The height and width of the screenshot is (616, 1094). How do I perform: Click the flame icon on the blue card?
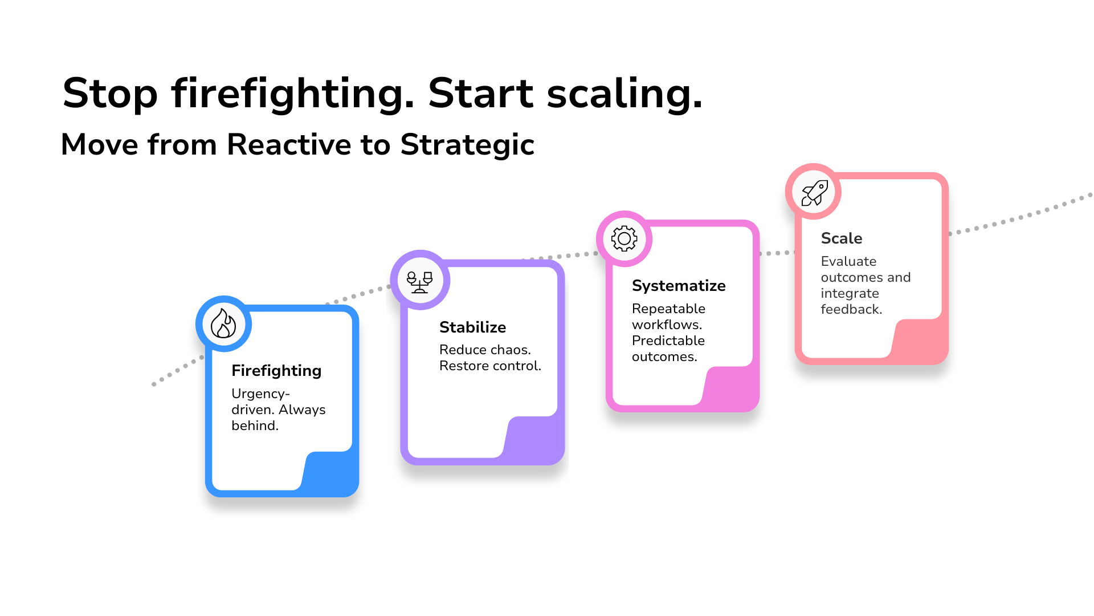coord(223,323)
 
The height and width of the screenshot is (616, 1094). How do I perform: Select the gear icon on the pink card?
coord(624,238)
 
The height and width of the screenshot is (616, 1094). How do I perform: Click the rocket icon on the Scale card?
coord(814,192)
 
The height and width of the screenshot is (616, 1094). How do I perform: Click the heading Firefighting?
coord(276,371)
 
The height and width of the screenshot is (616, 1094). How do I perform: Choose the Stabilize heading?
coord(472,327)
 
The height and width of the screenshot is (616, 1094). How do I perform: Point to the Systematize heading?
coord(679,286)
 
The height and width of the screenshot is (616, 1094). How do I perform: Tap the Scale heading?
coord(841,238)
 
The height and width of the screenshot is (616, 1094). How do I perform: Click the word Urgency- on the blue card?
coord(260,394)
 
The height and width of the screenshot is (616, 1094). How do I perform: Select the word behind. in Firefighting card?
coord(255,425)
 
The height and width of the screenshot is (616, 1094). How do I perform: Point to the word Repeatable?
coord(668,309)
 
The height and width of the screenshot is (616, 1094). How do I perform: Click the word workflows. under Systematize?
coord(667,325)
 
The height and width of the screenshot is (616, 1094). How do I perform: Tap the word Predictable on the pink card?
coord(668,341)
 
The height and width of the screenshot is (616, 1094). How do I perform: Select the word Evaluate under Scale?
coord(848,261)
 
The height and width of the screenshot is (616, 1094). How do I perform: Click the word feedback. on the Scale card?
coord(851,309)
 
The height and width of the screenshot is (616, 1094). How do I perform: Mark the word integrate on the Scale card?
coord(850,293)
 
